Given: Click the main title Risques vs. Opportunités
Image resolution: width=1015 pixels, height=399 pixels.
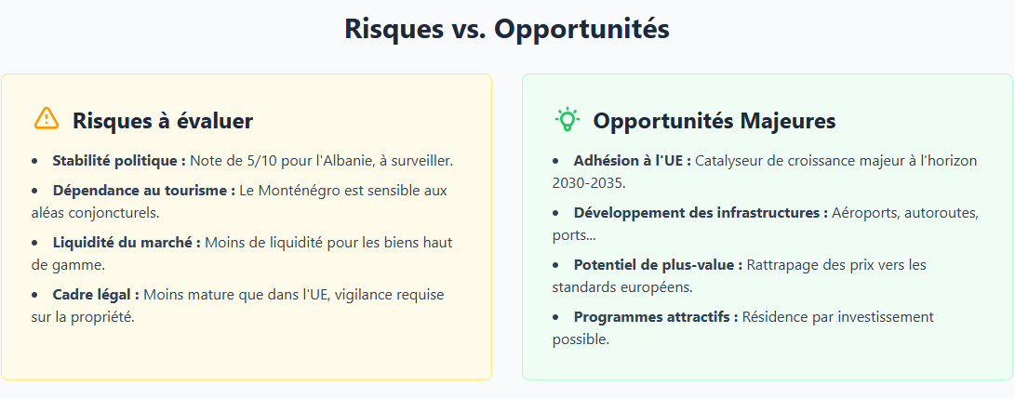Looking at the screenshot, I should click(x=507, y=29).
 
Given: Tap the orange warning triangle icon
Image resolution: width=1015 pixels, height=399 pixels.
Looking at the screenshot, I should click(x=46, y=119).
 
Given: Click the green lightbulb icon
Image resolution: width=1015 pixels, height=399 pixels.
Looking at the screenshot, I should click(x=567, y=119).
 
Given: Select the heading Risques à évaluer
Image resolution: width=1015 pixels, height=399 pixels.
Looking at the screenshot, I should click(x=163, y=121).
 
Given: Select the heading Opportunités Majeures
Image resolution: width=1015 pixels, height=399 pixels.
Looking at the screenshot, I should click(x=714, y=121).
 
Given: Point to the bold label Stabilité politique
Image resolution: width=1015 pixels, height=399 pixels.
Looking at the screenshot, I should click(x=119, y=161).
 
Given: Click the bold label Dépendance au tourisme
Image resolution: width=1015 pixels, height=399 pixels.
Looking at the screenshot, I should click(x=143, y=191).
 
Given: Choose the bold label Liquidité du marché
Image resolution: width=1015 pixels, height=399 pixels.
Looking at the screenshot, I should click(x=127, y=243).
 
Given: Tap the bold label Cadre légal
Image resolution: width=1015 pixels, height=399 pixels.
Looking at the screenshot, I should click(x=96, y=295).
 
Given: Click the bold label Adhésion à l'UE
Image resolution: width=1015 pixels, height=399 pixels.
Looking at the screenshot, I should click(x=632, y=161).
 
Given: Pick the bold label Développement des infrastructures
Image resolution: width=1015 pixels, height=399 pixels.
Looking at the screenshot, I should click(x=701, y=213).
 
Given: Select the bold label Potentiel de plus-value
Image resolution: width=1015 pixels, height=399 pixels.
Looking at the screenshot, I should click(x=658, y=265).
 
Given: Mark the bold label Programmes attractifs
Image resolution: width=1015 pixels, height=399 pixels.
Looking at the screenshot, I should click(x=656, y=317).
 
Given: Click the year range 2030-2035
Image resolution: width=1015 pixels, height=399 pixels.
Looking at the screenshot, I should click(x=586, y=183).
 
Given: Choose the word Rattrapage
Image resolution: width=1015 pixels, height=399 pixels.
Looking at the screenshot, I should click(x=783, y=265).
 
